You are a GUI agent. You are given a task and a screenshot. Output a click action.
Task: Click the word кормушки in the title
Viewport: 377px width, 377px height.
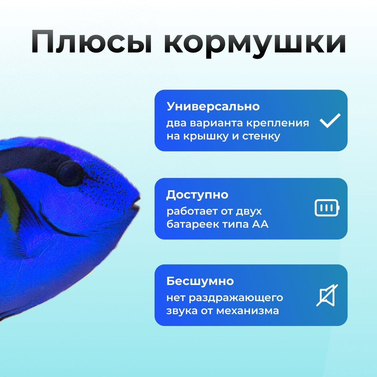255,44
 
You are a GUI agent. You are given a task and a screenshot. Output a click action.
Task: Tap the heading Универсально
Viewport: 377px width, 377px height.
213,107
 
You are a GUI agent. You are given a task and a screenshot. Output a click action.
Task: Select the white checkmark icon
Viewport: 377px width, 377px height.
330,120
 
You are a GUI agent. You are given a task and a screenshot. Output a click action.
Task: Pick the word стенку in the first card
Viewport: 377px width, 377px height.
261,136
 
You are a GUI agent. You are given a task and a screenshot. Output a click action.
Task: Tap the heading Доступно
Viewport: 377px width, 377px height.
197,195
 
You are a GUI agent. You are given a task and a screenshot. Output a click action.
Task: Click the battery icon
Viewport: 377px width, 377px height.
327,208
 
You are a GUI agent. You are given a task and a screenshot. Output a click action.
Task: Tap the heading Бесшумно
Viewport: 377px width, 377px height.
200,281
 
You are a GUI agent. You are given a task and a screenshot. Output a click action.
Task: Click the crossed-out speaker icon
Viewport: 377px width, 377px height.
327,295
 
